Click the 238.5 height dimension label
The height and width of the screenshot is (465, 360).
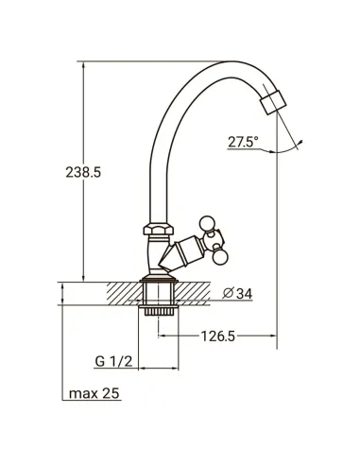point(83,172)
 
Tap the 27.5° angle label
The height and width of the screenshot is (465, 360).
point(243,142)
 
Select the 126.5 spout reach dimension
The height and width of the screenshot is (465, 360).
point(218,336)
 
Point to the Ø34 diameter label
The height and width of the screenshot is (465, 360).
point(237,293)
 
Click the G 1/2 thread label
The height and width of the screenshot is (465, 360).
point(113,361)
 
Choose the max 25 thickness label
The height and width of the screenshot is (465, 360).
point(94,393)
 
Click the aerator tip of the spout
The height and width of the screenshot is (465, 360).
point(273,102)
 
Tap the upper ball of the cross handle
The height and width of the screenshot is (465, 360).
point(207,223)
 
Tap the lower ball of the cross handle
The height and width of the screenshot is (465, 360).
point(219,257)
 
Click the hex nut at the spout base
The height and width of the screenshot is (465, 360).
point(159,229)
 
